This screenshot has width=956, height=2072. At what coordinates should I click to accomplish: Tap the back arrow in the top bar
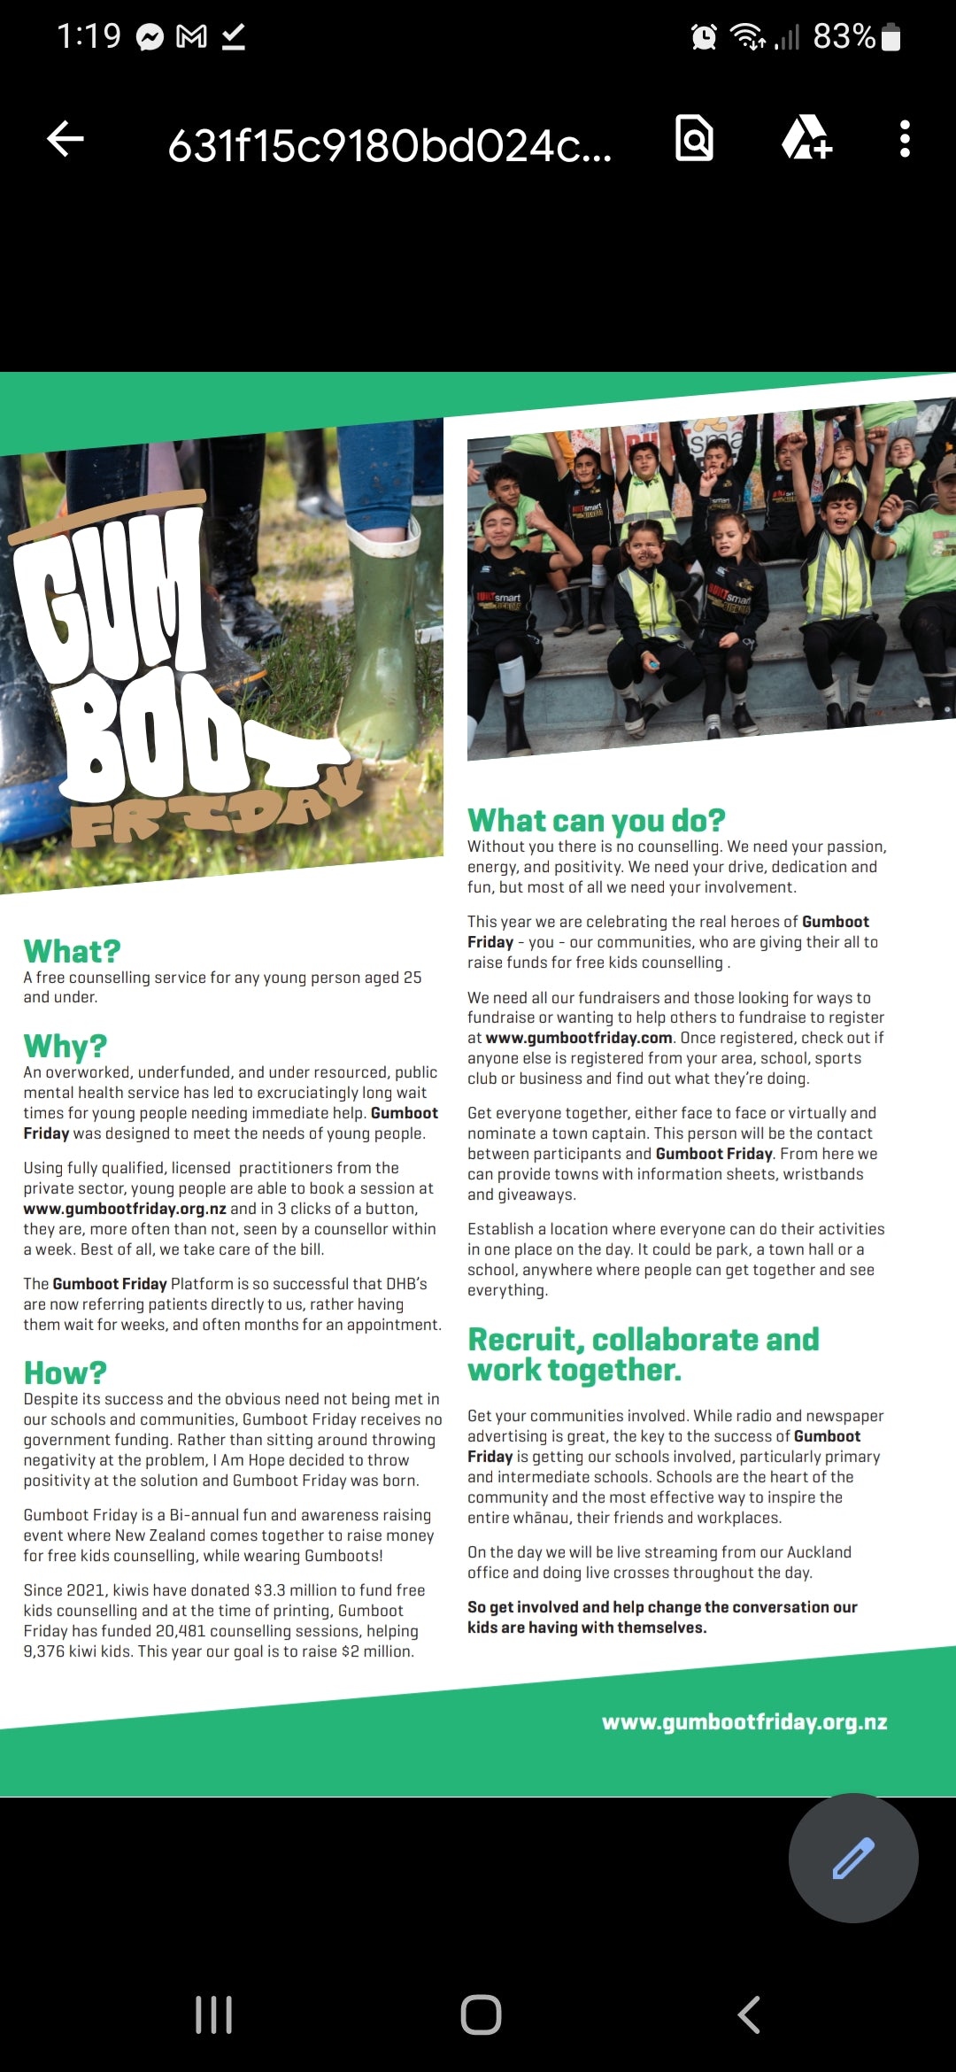click(66, 139)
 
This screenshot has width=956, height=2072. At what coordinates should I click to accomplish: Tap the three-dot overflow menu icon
click(904, 139)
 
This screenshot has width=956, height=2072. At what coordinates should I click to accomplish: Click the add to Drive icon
click(806, 139)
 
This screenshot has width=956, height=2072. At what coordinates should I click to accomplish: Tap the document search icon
click(695, 138)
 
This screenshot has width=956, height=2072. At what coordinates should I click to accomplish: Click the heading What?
click(72, 951)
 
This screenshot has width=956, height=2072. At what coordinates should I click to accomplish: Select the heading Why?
click(66, 1046)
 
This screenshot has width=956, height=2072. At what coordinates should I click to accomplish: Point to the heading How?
click(66, 1372)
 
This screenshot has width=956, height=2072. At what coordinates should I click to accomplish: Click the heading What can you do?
click(596, 820)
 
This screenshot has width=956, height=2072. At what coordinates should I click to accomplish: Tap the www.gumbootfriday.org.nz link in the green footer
click(744, 1721)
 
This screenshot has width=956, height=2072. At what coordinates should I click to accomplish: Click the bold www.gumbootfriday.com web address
click(579, 1038)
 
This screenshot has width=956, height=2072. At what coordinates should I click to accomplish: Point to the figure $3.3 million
click(300, 1590)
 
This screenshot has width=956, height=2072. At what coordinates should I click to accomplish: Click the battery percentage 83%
click(844, 36)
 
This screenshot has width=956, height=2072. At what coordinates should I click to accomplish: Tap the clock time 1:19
click(89, 36)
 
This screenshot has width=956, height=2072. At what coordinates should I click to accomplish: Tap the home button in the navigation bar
click(481, 2015)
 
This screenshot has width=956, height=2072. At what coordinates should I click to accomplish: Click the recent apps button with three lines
click(213, 2015)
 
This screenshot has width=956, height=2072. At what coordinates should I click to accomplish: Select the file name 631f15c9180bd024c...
click(389, 146)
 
